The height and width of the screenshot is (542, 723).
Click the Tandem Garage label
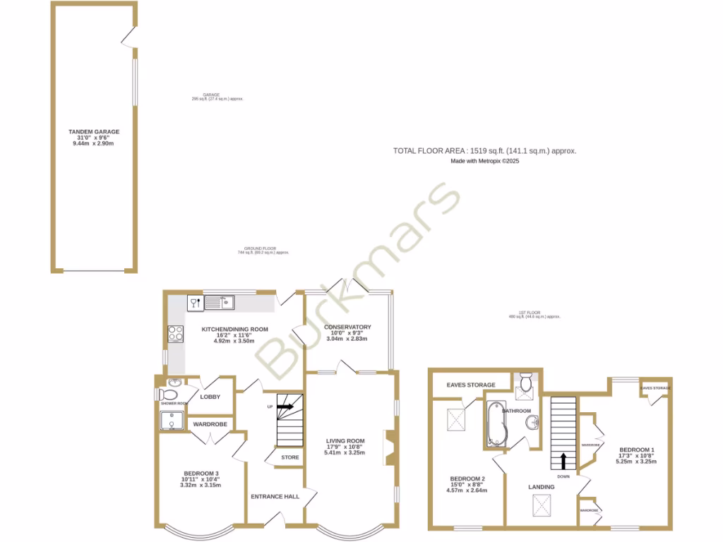click(x=93, y=131)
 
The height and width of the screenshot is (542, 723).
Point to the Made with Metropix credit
click(x=485, y=161)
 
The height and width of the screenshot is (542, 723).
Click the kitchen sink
click(x=220, y=303)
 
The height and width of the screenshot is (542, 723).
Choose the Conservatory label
click(x=347, y=327)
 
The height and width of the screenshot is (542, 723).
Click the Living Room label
click(x=345, y=442)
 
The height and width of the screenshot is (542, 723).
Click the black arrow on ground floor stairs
click(x=285, y=406)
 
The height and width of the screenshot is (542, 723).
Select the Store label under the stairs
click(x=290, y=457)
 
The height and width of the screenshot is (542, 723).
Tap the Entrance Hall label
click(x=275, y=496)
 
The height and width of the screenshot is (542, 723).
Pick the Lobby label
click(x=210, y=397)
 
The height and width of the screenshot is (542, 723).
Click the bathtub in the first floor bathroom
click(x=494, y=423)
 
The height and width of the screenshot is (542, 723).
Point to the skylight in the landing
click(x=542, y=505)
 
